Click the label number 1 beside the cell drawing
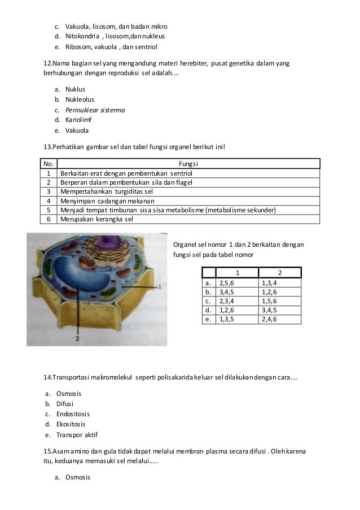pos(161,287)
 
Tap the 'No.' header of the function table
pos(49,164)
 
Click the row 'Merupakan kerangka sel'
pos(96,219)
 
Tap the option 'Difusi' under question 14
pos(65,404)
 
